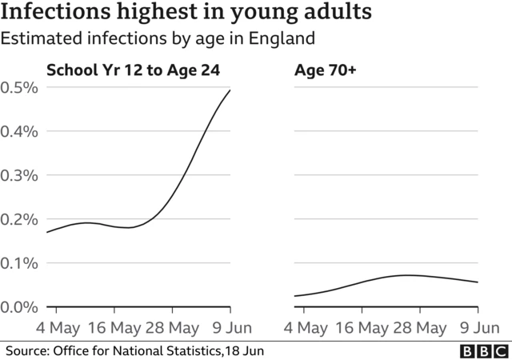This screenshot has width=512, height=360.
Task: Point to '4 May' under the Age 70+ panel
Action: pyautogui.click(x=307, y=328)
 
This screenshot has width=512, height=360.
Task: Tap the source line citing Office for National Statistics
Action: pyautogui.click(x=135, y=350)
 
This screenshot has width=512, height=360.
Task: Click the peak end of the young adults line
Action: pyautogui.click(x=230, y=90)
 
